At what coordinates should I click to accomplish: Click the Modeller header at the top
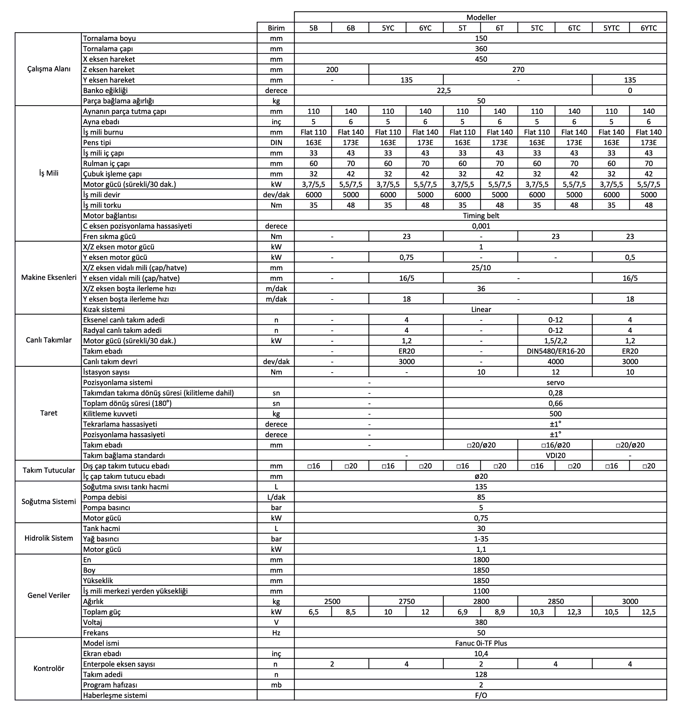click(x=481, y=17)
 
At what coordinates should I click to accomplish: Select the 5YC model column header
click(x=388, y=28)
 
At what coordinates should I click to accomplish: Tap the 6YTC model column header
click(x=648, y=28)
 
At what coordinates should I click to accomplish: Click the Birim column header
click(x=276, y=28)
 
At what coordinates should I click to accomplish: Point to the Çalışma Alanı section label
click(x=49, y=69)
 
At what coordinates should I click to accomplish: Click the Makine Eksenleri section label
click(x=49, y=277)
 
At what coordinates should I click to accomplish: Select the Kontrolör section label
click(x=49, y=668)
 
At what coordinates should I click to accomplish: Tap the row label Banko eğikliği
click(x=106, y=91)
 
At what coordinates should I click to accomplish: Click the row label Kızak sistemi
click(x=104, y=309)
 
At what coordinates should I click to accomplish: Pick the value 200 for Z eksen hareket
click(x=332, y=69)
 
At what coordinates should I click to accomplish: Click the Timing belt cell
click(x=481, y=216)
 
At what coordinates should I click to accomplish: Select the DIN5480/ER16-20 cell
click(x=555, y=351)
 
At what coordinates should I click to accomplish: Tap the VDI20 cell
click(x=555, y=455)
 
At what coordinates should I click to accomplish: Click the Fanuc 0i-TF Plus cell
click(x=481, y=643)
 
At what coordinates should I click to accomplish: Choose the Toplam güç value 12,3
click(x=574, y=612)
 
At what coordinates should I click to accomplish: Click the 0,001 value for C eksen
click(x=481, y=226)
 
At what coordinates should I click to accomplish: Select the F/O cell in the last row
click(x=481, y=695)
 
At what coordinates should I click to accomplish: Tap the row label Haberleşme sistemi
click(x=115, y=695)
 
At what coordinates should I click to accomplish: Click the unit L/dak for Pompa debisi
click(x=276, y=497)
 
